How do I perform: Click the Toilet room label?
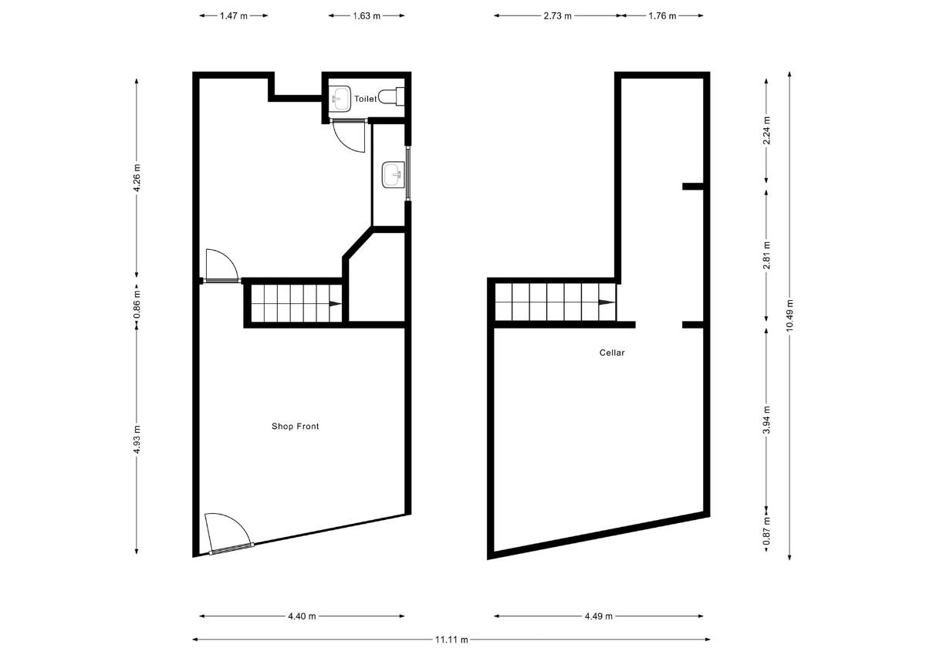tap(366, 99)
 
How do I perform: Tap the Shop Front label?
tap(295, 426)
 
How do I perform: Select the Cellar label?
tap(612, 353)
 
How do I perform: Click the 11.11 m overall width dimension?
tap(451, 640)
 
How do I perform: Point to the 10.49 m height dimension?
tap(789, 315)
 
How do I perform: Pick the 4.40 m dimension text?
tap(302, 616)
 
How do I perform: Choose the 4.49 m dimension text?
tap(599, 616)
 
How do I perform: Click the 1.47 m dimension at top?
tap(234, 15)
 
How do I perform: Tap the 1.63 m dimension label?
tap(367, 15)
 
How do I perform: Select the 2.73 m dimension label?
tap(558, 15)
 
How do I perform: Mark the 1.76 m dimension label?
tap(662, 15)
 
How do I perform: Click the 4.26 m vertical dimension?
tap(137, 177)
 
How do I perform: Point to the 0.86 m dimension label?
tap(137, 304)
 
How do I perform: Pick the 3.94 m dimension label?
tap(767, 420)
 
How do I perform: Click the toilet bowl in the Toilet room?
tap(391, 96)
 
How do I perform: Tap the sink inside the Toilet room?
tap(340, 99)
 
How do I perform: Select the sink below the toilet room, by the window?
tap(393, 175)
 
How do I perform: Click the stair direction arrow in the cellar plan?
tap(607, 302)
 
